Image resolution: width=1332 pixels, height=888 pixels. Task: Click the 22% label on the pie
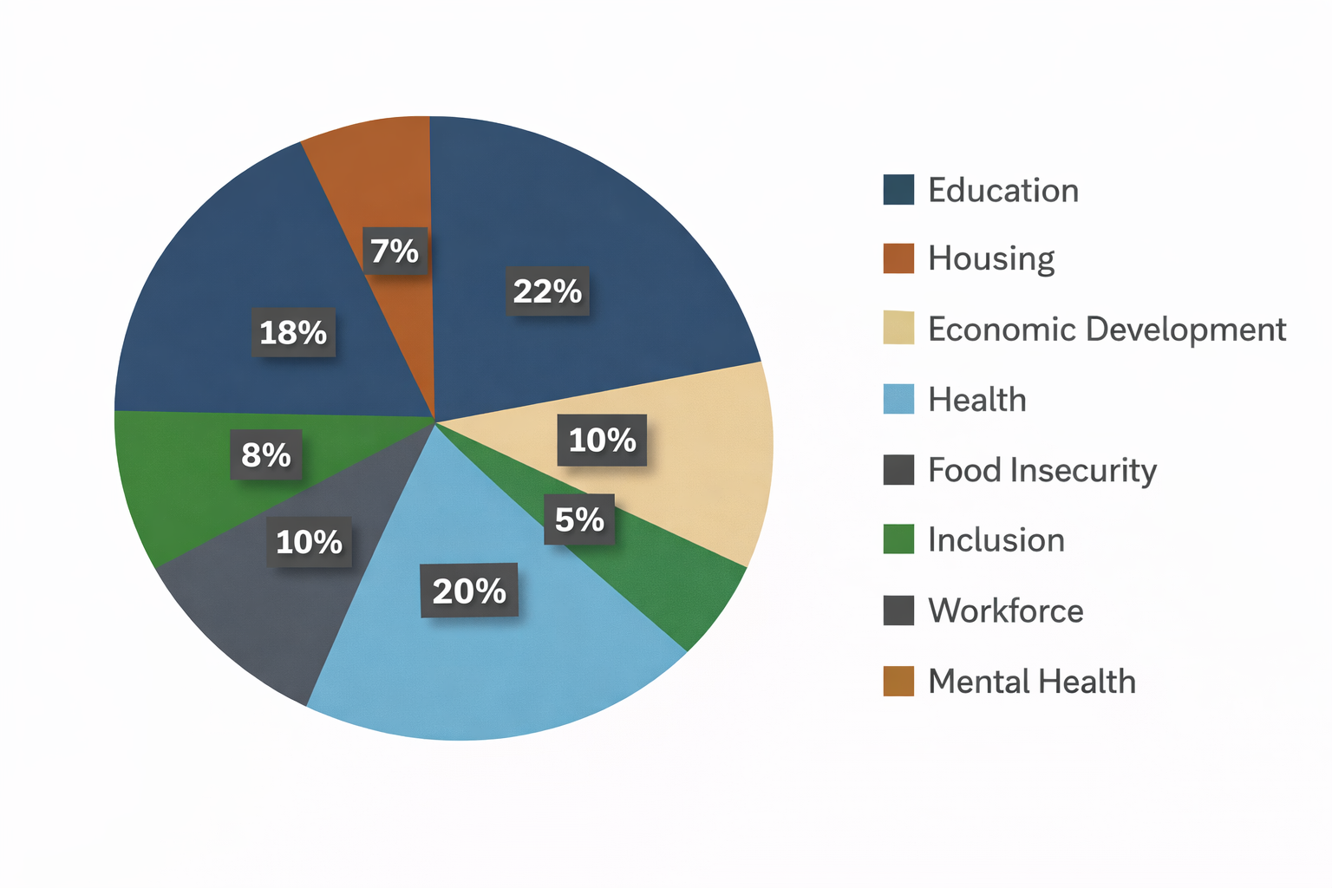click(x=547, y=291)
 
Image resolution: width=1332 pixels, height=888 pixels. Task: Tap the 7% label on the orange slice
click(x=395, y=251)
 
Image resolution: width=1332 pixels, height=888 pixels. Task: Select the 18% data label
click(x=293, y=332)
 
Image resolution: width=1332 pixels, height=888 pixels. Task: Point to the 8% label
click(x=266, y=454)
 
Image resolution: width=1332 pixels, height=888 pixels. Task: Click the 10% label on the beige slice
click(x=603, y=441)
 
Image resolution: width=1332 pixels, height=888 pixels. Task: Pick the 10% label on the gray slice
click(x=310, y=542)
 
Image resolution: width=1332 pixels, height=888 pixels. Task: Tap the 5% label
click(x=579, y=519)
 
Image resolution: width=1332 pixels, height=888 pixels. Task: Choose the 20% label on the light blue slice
click(x=469, y=591)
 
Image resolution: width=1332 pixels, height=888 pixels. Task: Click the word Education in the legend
click(x=1003, y=191)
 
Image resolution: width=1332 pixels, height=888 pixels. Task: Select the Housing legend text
click(x=991, y=258)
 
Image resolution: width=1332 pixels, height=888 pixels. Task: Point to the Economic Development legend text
click(x=1107, y=330)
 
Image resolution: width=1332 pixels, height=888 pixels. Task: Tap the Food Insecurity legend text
click(x=1042, y=470)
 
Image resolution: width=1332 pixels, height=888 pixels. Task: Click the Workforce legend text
click(x=1006, y=610)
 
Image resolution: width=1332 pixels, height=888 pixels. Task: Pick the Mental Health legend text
click(x=1032, y=682)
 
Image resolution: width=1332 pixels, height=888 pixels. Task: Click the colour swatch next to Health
click(x=898, y=399)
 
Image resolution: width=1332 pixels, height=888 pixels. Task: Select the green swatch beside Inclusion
click(x=898, y=539)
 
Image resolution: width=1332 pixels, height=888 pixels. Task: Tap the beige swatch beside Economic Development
click(x=898, y=328)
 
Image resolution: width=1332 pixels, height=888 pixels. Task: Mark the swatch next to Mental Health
click(x=898, y=681)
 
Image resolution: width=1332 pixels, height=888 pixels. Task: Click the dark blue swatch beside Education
click(x=898, y=190)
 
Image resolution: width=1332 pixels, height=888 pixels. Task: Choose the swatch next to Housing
click(x=898, y=258)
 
